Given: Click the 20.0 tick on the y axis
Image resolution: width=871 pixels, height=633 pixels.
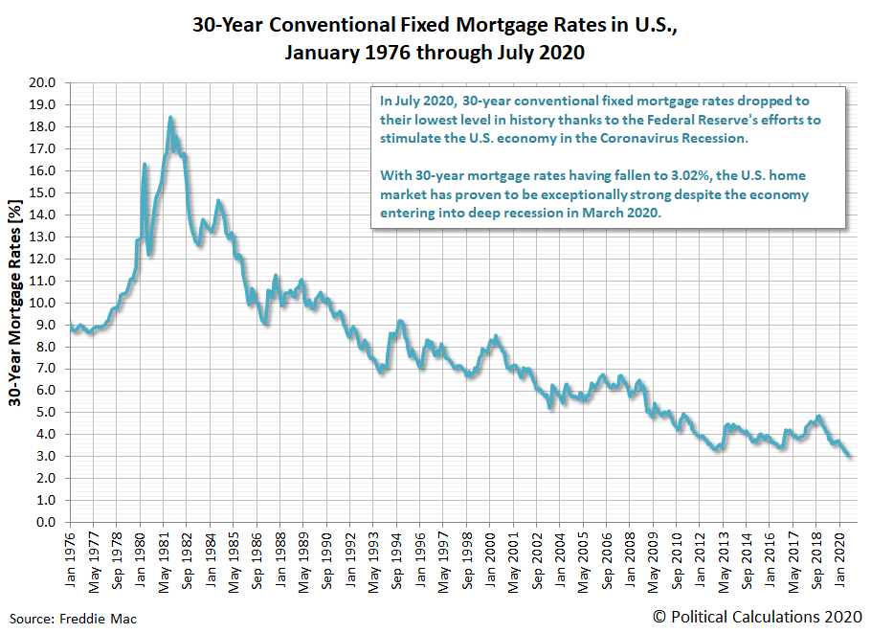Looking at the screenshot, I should tap(45, 82).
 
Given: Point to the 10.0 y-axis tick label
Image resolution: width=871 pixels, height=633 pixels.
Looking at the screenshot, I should tap(45, 303).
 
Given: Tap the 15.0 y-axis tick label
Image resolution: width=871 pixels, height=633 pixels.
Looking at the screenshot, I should tap(45, 192).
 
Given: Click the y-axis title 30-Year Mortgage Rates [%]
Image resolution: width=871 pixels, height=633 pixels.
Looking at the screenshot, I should tap(16, 303).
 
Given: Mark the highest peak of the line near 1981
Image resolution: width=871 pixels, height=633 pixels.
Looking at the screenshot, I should tap(170, 118).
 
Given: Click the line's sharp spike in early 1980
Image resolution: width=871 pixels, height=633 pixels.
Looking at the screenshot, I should tap(145, 165).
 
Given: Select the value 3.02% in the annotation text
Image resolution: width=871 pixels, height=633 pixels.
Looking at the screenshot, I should tap(628, 177).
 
